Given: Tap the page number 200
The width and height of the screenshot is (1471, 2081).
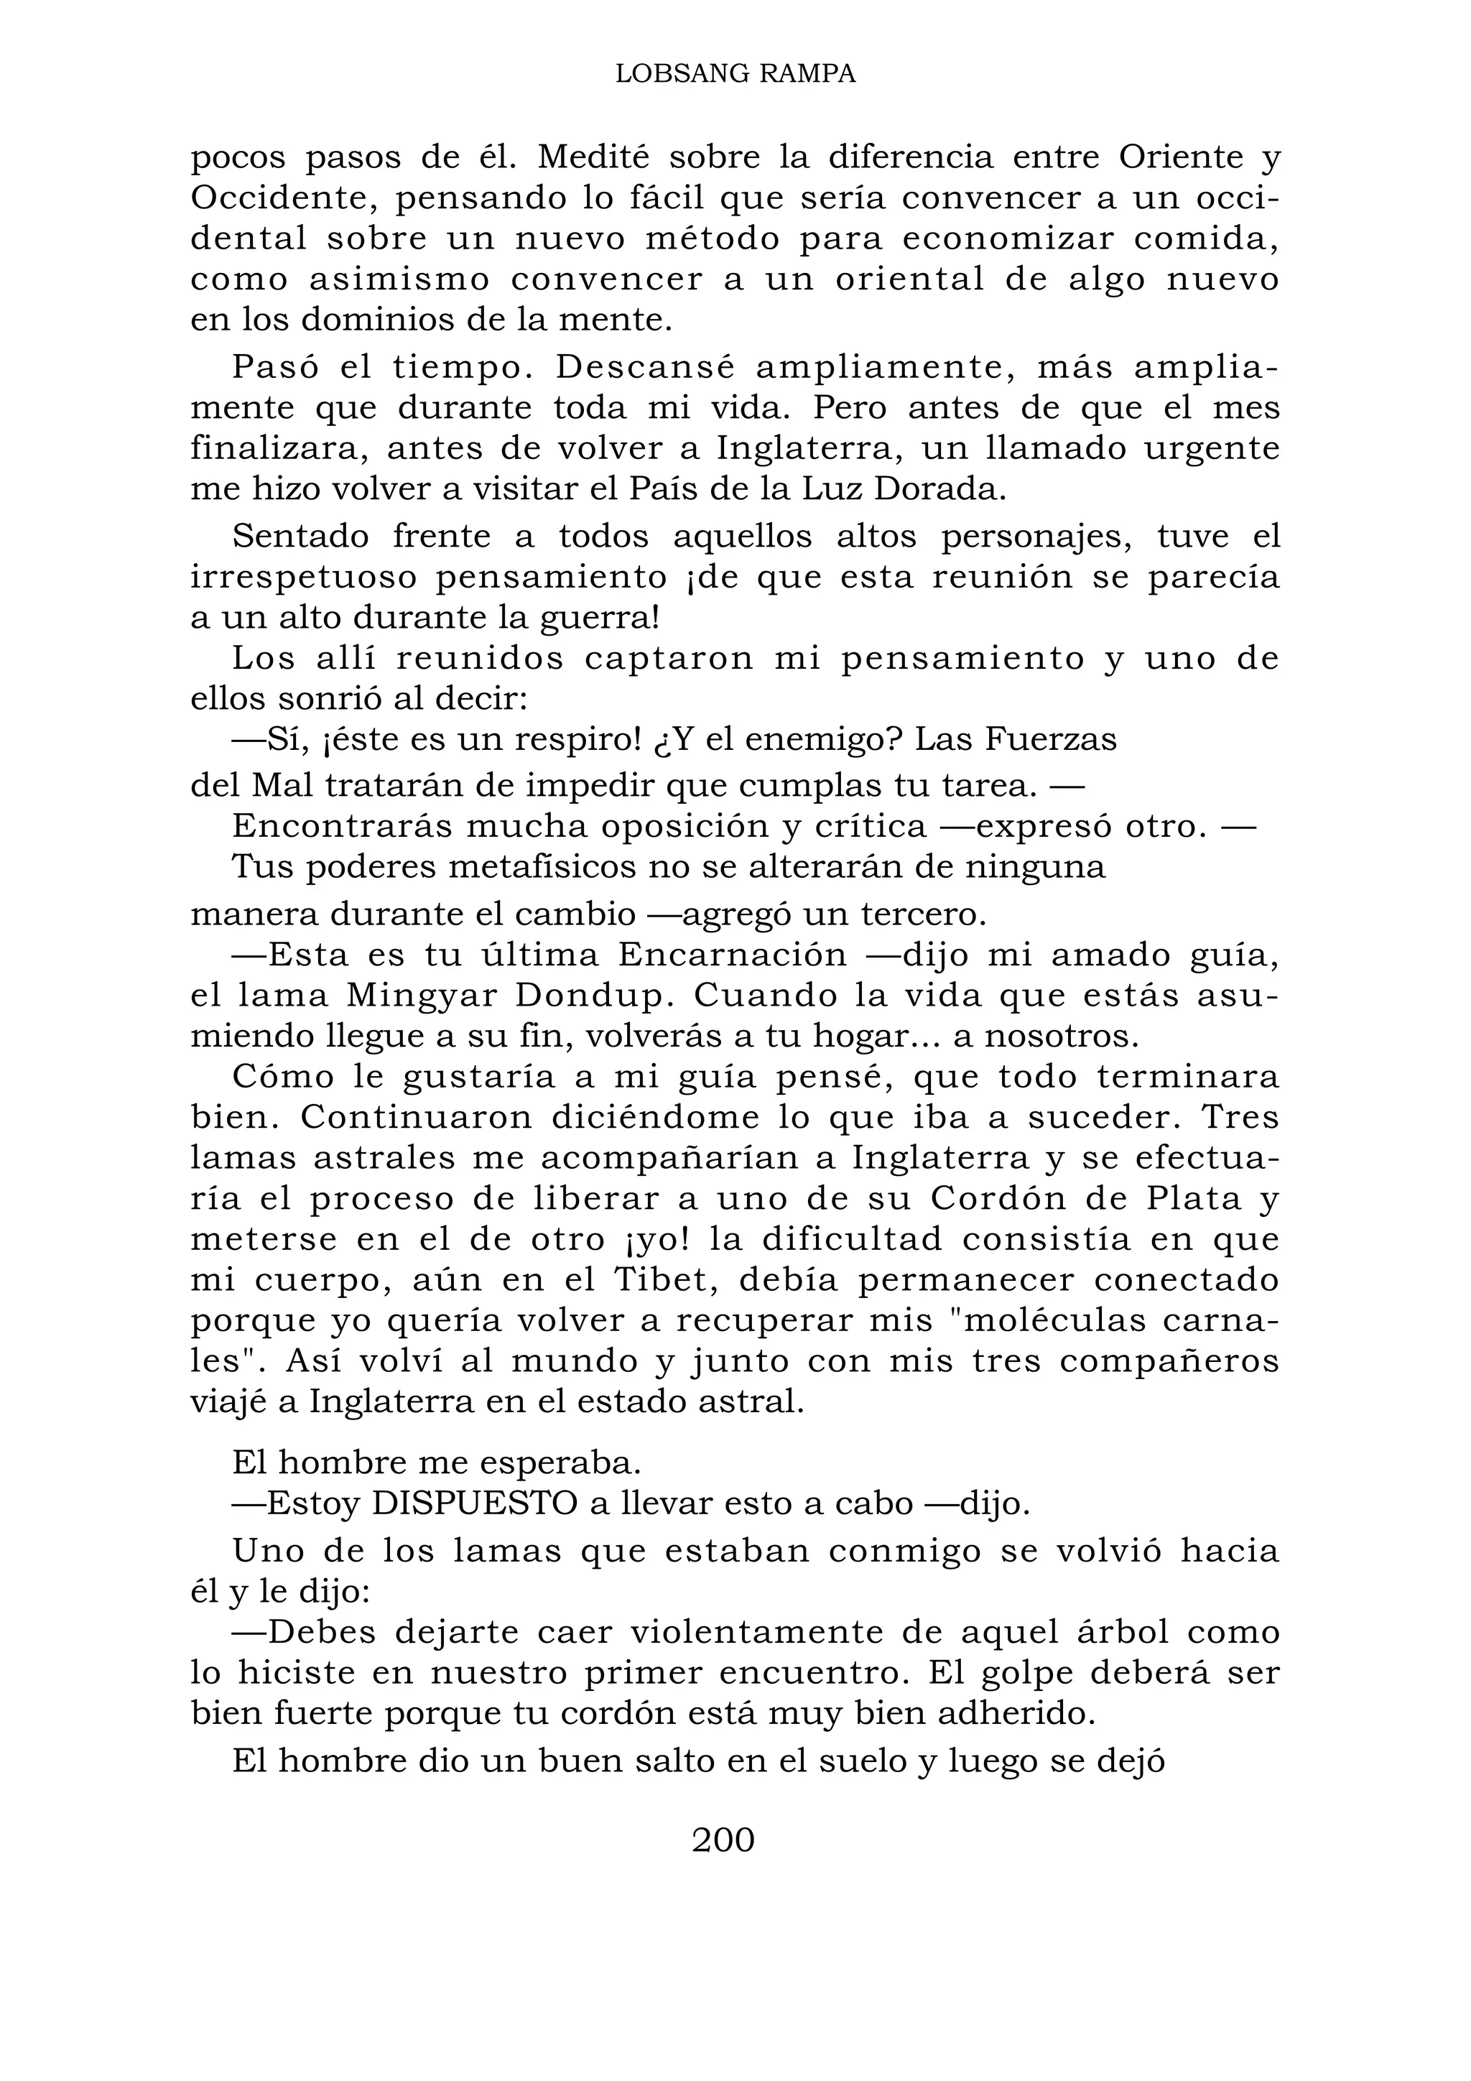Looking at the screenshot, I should tap(723, 1839).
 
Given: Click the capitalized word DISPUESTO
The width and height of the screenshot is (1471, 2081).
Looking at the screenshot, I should tap(474, 1503).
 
